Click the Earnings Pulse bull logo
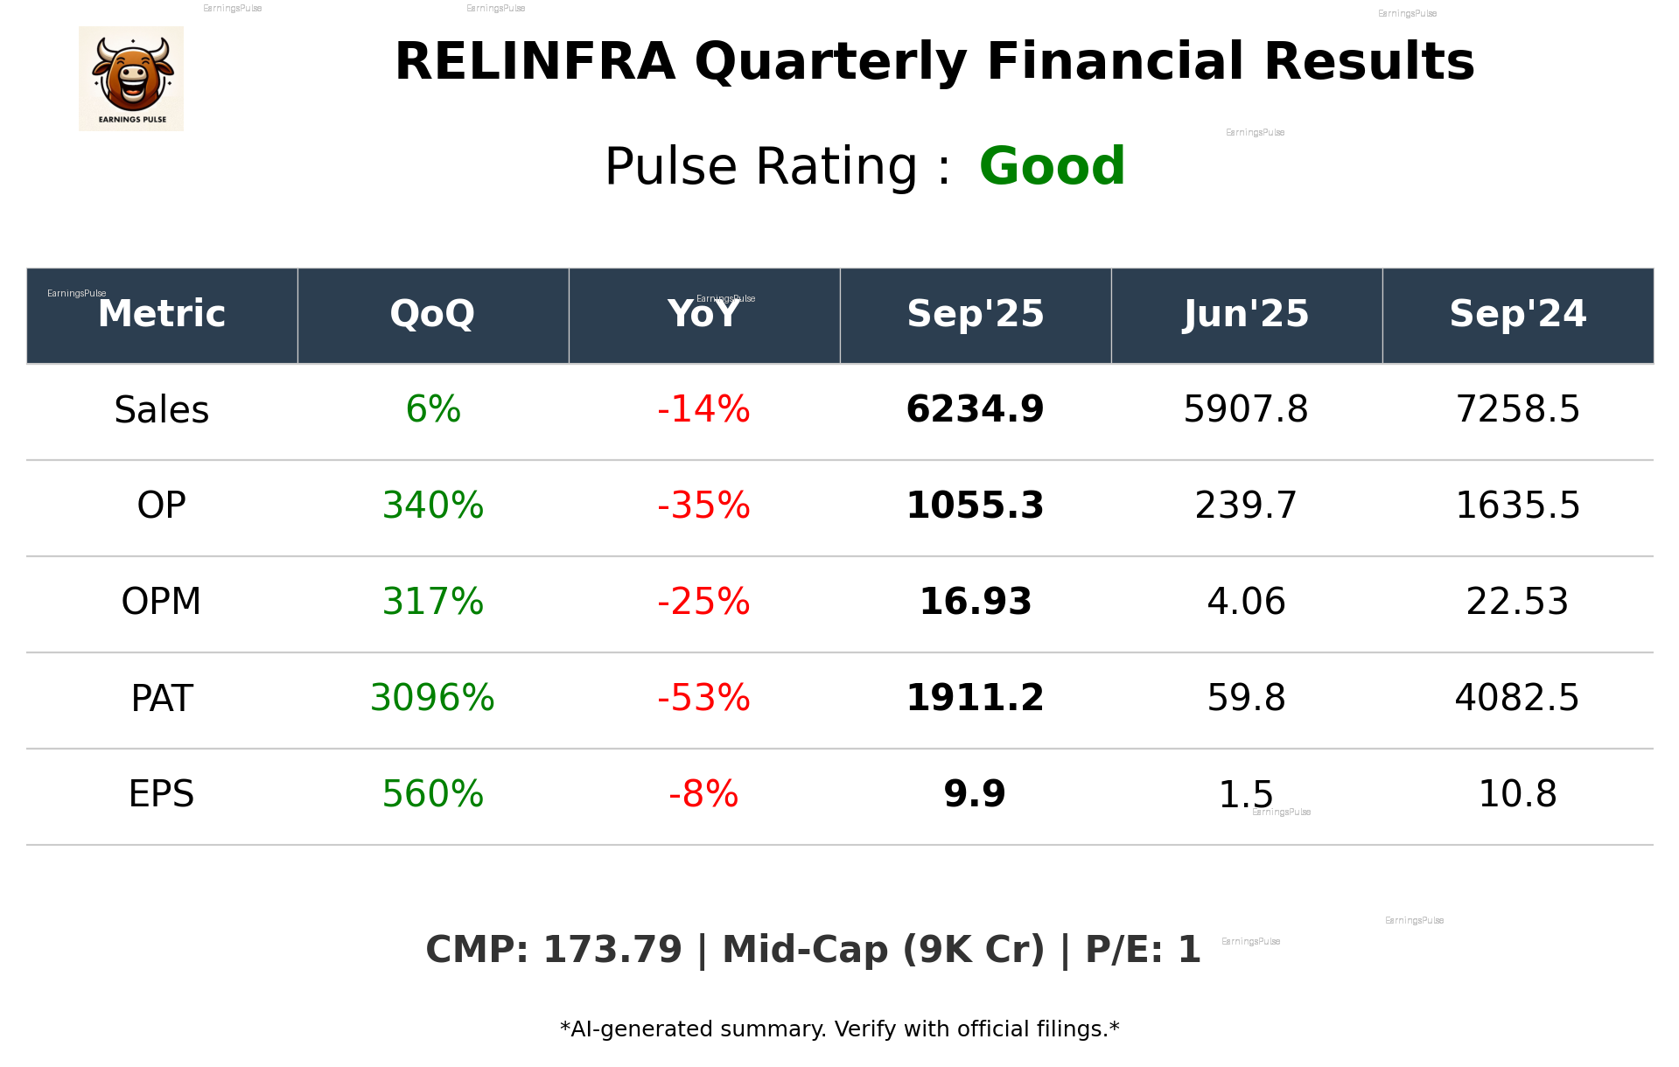pos(131,79)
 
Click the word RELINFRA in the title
pos(535,62)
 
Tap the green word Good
pos(1052,166)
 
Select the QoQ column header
pos(432,314)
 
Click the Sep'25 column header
pos(975,314)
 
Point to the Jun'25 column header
pos(1246,314)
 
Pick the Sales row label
pos(162,409)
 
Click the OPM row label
pos(162,602)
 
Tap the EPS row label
pos(162,794)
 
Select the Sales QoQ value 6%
pos(433,409)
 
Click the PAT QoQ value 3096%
pos(432,698)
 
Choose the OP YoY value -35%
pos(703,506)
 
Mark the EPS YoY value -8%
pos(703,794)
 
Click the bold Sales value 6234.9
pos(975,409)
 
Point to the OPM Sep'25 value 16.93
pos(975,602)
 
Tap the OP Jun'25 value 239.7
pos(1246,506)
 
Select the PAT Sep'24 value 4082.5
pos(1517,698)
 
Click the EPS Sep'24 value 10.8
pos(1517,794)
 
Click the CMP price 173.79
pos(612,950)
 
